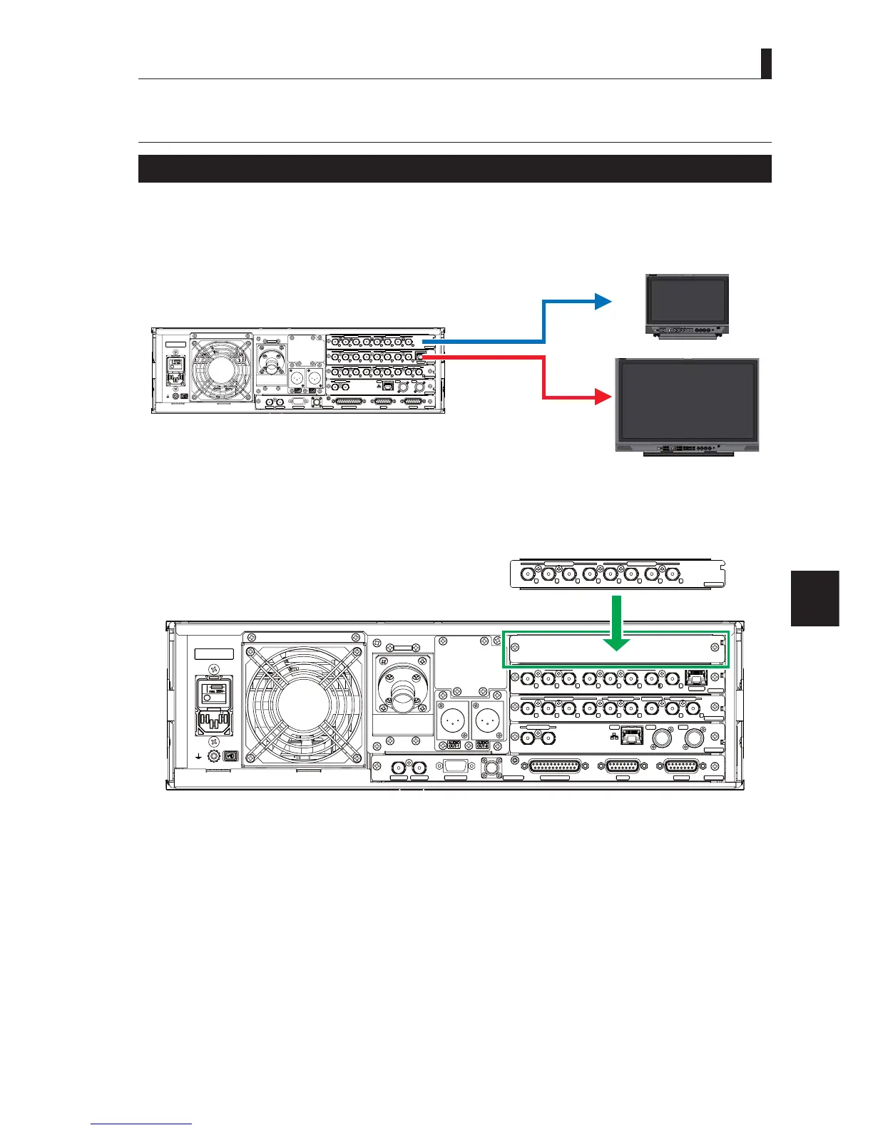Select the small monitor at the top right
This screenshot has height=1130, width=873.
688,305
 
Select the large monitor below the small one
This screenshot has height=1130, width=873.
687,405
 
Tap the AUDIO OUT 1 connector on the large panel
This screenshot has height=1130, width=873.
451,720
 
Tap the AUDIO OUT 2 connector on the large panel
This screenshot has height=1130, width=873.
488,720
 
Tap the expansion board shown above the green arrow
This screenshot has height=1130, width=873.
618,574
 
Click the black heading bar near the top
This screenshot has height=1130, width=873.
454,168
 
